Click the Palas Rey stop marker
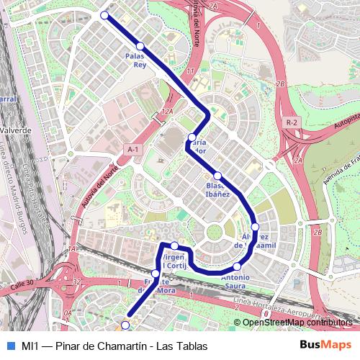tap(140, 46)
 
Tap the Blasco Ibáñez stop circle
tap(217, 176)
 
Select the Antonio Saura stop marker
tap(237, 267)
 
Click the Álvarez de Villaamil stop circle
tap(255, 227)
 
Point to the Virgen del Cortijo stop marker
tap(174, 246)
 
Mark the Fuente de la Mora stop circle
tap(156, 274)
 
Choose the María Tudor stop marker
tap(192, 137)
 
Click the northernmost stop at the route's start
tap(104, 15)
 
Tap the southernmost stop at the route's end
tap(125, 325)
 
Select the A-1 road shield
tap(132, 149)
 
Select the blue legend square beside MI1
tap(9, 346)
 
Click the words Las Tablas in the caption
tap(184, 346)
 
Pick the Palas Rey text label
tap(135, 59)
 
